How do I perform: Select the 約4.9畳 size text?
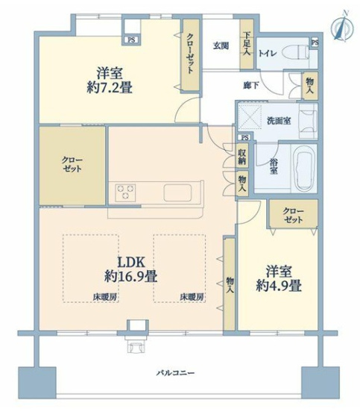(x=280, y=285)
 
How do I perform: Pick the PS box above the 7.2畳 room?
(x=131, y=40)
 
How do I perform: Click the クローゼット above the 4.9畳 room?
(x=294, y=215)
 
